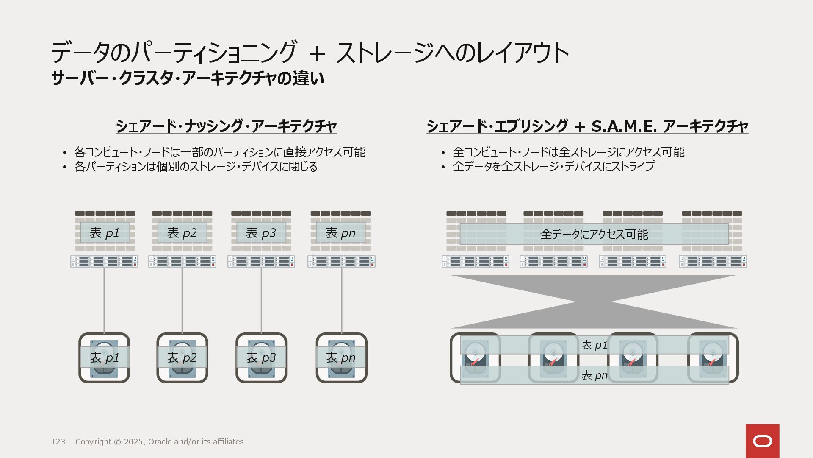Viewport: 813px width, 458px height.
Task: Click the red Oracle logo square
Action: coord(762,441)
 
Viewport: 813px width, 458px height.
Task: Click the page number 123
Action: coord(58,442)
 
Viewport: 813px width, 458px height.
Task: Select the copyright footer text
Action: coord(159,442)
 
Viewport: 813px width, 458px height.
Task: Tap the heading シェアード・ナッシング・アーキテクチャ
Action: coord(226,126)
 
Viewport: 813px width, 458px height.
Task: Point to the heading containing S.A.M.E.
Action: coord(587,126)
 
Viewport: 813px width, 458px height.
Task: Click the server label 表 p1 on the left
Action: coord(105,233)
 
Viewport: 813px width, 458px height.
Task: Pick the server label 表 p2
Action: coord(182,233)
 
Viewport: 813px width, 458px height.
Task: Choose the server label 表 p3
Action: coord(261,233)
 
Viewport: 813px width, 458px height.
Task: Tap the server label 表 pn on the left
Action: coord(340,233)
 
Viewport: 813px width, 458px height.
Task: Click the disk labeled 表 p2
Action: coord(182,357)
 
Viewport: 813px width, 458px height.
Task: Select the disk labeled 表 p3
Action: coord(261,357)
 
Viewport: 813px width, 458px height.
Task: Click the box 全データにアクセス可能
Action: coord(594,234)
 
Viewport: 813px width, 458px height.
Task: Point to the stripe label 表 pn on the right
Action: coord(595,375)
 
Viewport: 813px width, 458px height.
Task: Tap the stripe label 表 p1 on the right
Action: coord(595,345)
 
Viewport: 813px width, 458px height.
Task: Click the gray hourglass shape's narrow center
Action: coord(594,302)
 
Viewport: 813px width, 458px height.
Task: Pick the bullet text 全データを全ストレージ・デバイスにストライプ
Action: coord(553,167)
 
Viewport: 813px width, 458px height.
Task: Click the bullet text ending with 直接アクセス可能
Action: coord(219,152)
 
